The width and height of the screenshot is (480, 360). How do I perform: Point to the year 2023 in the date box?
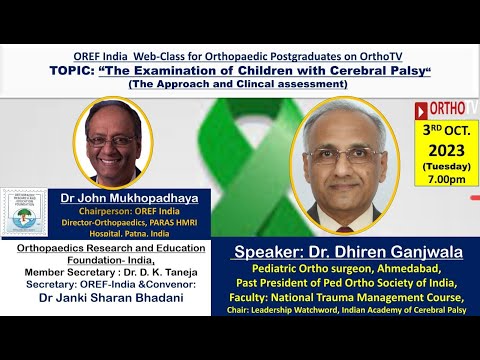[x=444, y=147]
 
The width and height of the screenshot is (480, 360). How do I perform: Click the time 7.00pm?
[x=444, y=180]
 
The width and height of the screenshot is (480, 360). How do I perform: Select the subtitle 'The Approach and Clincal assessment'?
[x=237, y=84]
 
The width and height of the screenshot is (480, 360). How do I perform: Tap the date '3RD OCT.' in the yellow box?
[x=444, y=130]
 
